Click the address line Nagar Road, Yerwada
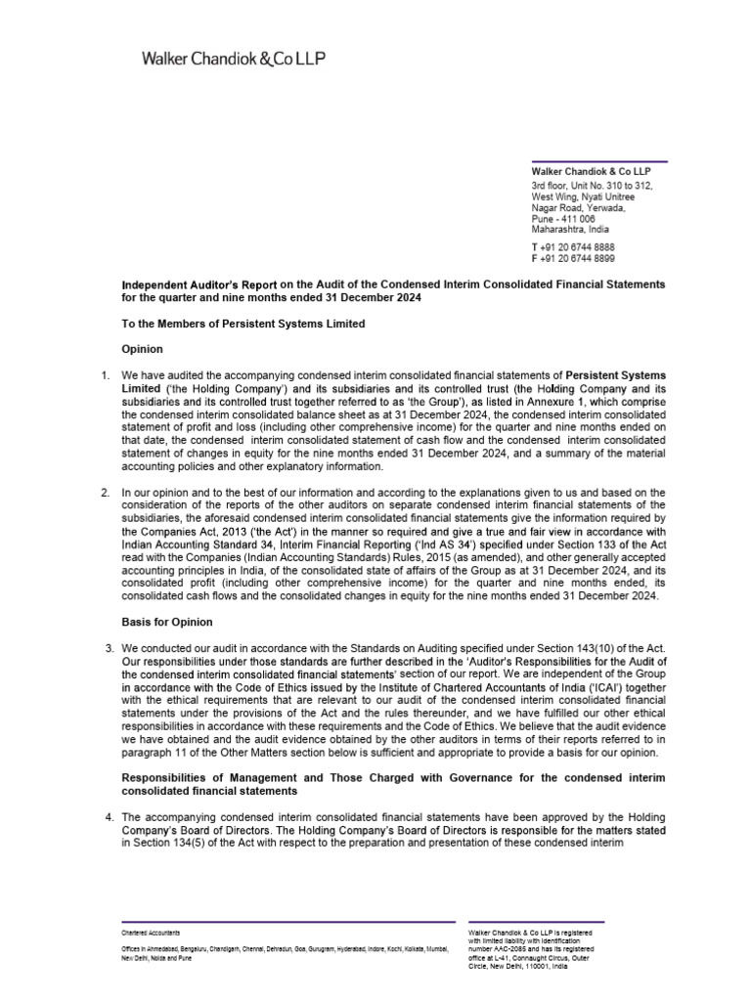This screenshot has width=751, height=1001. [x=578, y=207]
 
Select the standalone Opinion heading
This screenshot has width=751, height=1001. [x=142, y=349]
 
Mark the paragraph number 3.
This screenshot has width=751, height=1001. [x=109, y=648]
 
